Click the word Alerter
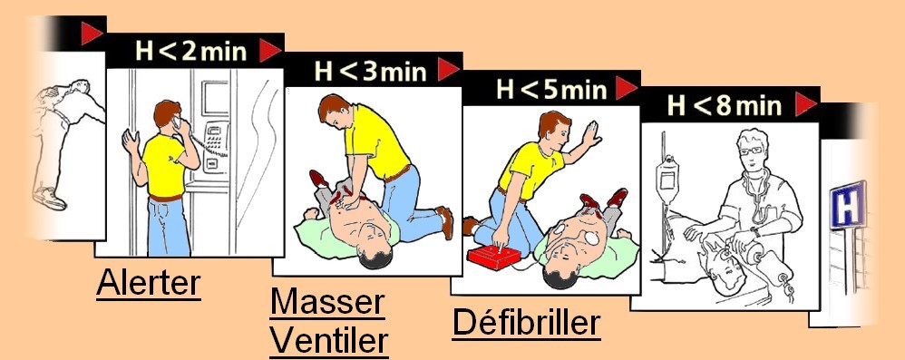(149, 283)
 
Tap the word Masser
(327, 302)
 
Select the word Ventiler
(329, 341)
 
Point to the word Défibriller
(526, 323)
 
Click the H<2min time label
(191, 52)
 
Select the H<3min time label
(370, 71)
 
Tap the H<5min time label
(551, 89)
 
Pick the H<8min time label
(725, 105)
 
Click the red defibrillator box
(494, 257)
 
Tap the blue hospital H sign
(848, 204)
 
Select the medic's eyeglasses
(752, 151)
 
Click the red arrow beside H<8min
(806, 104)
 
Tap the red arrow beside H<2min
(269, 51)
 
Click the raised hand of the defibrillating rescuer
(590, 134)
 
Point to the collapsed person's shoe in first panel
(49, 198)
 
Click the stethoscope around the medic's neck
(756, 196)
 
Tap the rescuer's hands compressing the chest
(350, 201)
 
